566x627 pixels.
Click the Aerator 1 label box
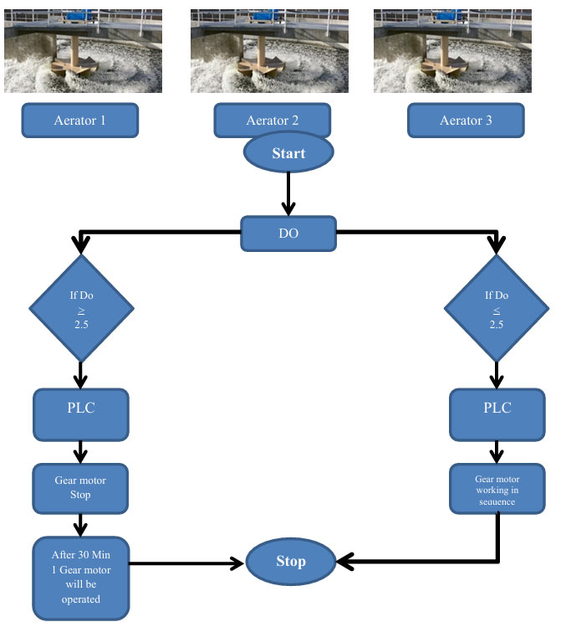coord(79,121)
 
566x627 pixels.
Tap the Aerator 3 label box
coord(466,121)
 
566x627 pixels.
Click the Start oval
coord(288,153)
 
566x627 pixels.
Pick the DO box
coord(288,234)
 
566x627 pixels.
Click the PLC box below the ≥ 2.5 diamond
coord(81,414)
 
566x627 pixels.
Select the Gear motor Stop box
coord(81,488)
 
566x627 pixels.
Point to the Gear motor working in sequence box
coord(497,488)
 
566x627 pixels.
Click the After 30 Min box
coord(81,578)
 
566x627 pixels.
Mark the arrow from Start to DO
coord(288,194)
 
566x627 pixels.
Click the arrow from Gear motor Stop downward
coord(81,524)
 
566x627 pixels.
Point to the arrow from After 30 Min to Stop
coord(188,562)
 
